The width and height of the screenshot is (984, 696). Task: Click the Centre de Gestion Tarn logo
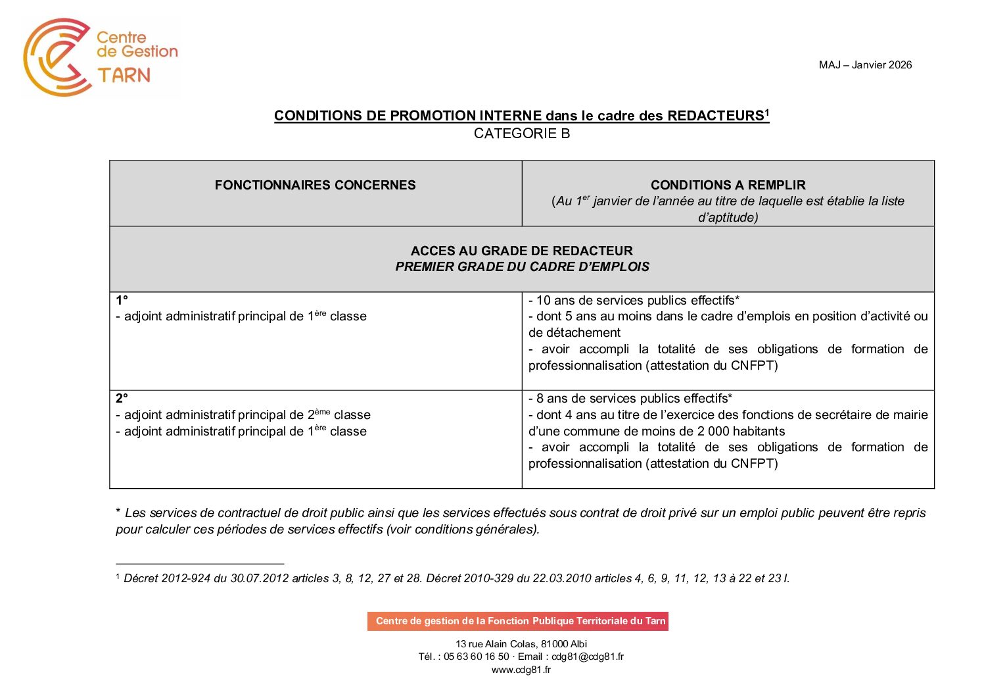coord(100,57)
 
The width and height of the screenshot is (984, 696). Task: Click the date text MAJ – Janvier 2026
coord(865,64)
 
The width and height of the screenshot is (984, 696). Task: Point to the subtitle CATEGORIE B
coord(522,134)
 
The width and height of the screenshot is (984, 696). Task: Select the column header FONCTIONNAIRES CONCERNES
coord(315,185)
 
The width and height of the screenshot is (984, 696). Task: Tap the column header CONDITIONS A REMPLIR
coord(728,185)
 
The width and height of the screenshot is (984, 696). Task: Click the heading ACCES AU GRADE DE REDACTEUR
coord(522,251)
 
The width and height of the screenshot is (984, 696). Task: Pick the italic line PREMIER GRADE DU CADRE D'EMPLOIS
coord(522,266)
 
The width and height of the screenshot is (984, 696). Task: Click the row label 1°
coord(122,300)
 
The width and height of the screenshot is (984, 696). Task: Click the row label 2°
coord(122,398)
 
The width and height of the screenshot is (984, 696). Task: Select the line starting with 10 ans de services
coord(634,300)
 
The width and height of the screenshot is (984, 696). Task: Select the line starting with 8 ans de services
coord(630,398)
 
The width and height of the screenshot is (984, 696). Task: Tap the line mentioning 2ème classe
coord(243,414)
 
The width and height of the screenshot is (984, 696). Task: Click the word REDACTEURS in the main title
coord(715,116)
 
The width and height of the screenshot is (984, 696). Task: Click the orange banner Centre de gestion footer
coord(518,621)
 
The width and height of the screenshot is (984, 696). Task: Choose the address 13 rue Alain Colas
coord(521,644)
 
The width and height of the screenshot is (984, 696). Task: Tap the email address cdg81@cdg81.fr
coord(588,657)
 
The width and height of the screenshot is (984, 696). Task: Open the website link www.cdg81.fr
coord(521,670)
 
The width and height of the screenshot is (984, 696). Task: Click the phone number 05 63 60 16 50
coord(476,657)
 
